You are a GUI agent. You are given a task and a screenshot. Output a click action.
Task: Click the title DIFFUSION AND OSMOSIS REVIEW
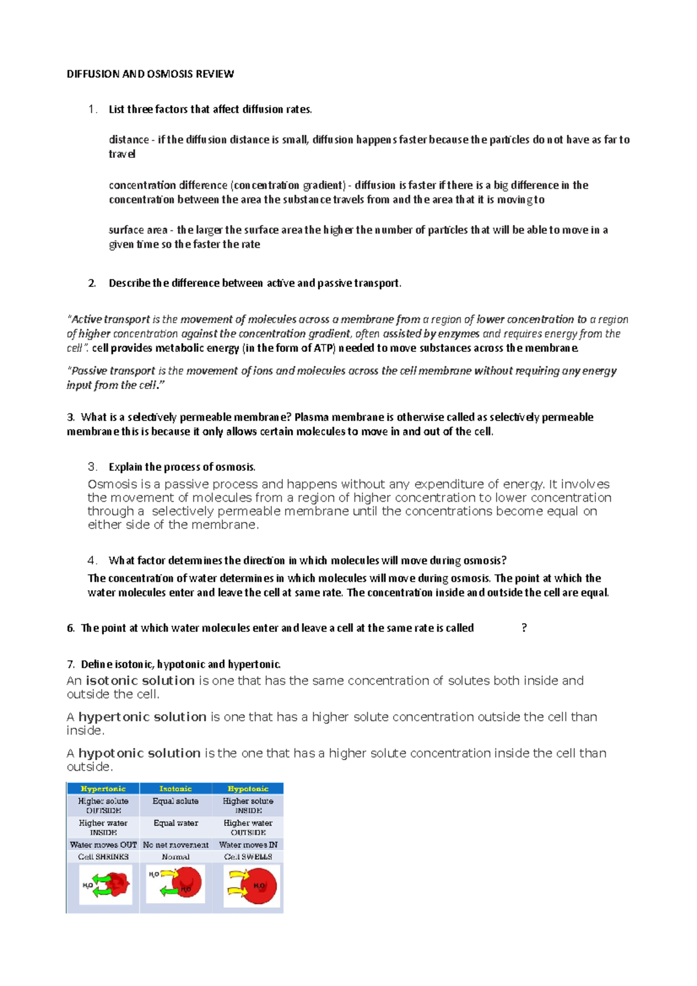click(x=150, y=74)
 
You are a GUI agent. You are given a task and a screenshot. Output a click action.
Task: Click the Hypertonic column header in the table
click(x=103, y=789)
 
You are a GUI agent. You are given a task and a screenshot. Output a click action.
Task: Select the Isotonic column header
click(x=175, y=789)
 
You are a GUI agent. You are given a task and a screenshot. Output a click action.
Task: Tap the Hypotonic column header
click(x=248, y=789)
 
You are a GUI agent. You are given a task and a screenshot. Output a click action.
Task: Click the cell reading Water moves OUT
click(x=103, y=845)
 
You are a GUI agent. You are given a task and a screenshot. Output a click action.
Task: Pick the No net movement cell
click(x=175, y=845)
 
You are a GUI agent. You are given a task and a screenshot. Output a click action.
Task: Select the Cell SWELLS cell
click(x=248, y=857)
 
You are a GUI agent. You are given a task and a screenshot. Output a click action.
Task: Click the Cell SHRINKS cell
click(x=103, y=857)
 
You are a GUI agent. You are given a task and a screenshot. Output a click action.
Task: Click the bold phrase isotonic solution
click(x=140, y=681)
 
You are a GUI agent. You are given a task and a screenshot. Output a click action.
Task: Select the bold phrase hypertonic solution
click(x=142, y=717)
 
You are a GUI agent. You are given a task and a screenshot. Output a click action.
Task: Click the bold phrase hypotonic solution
click(x=139, y=753)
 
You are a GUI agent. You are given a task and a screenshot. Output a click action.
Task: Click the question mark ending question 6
click(x=524, y=628)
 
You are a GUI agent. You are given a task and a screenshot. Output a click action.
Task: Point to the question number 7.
click(x=70, y=664)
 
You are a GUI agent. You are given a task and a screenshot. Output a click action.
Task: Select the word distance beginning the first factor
click(x=128, y=139)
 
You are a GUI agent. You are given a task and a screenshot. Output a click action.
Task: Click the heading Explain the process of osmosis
click(x=182, y=467)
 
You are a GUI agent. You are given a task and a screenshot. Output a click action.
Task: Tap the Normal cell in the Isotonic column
click(x=175, y=857)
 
